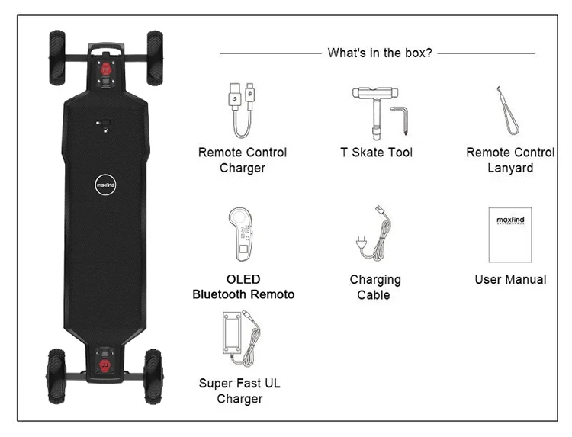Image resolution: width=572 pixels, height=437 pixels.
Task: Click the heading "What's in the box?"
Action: point(379,53)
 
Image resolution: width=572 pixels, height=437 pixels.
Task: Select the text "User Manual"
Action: point(510,280)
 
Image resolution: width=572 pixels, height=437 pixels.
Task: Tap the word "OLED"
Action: point(243,280)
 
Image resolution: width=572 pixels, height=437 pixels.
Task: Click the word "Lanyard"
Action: point(510,168)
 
